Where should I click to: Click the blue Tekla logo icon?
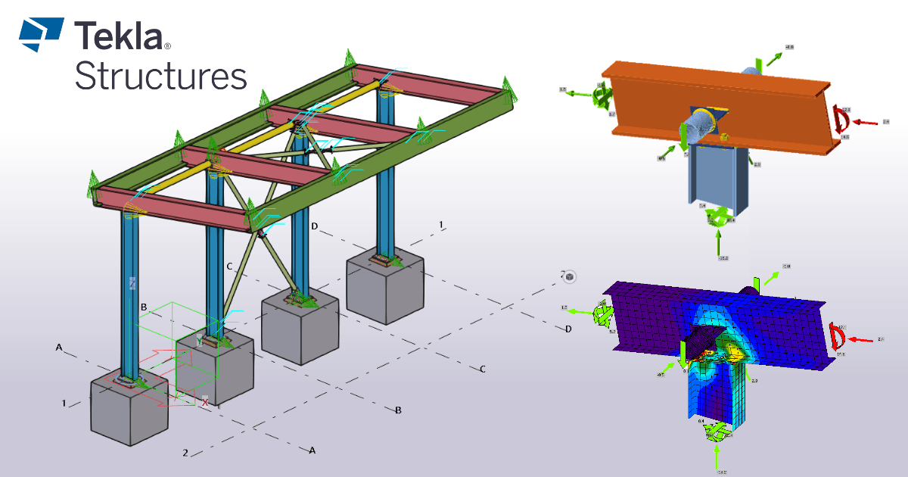point(41,34)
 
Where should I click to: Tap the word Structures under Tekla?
point(160,76)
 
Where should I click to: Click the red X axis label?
point(204,402)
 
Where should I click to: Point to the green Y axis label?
point(199,341)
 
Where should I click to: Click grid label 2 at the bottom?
point(185,453)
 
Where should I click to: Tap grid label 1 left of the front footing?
point(64,403)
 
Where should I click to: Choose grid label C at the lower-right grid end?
point(481,369)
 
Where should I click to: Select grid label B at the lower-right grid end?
point(398,410)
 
